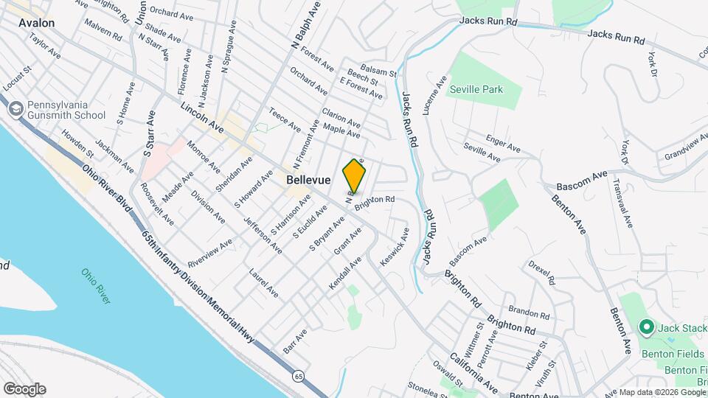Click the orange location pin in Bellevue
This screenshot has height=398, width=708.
pos(354,176)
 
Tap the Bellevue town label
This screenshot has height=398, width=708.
pos(308,179)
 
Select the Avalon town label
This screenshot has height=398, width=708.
pos(37,23)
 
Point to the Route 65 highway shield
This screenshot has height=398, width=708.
pos(297,376)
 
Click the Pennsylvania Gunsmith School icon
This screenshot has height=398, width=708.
pos(14,109)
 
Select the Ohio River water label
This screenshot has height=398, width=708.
pos(97,285)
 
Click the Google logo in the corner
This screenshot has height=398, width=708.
pos(24,389)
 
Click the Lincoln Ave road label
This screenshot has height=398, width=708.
pos(202,117)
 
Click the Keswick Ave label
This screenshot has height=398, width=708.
pos(394,253)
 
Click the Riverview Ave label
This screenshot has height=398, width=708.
pos(209,253)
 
